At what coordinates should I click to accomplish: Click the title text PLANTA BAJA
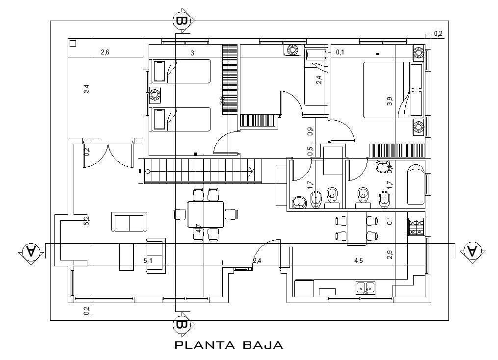(229, 345)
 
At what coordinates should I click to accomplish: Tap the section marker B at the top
(182, 21)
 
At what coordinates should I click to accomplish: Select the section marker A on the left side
(30, 252)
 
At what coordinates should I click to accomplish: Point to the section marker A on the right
(472, 252)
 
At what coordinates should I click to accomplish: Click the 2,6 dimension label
(105, 52)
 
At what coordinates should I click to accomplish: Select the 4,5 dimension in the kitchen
(358, 260)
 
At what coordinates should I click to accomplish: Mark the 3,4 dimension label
(86, 89)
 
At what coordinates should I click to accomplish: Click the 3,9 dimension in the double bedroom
(389, 102)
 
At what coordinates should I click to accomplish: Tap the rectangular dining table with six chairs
(206, 214)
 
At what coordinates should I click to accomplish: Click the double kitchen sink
(365, 287)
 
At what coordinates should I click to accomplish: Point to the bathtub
(415, 184)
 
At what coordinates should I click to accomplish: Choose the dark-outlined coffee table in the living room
(126, 257)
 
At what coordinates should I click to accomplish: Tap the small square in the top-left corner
(73, 43)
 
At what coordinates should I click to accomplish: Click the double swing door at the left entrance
(108, 155)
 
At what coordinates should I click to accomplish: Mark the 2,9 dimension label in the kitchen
(389, 255)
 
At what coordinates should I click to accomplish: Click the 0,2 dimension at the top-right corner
(438, 34)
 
